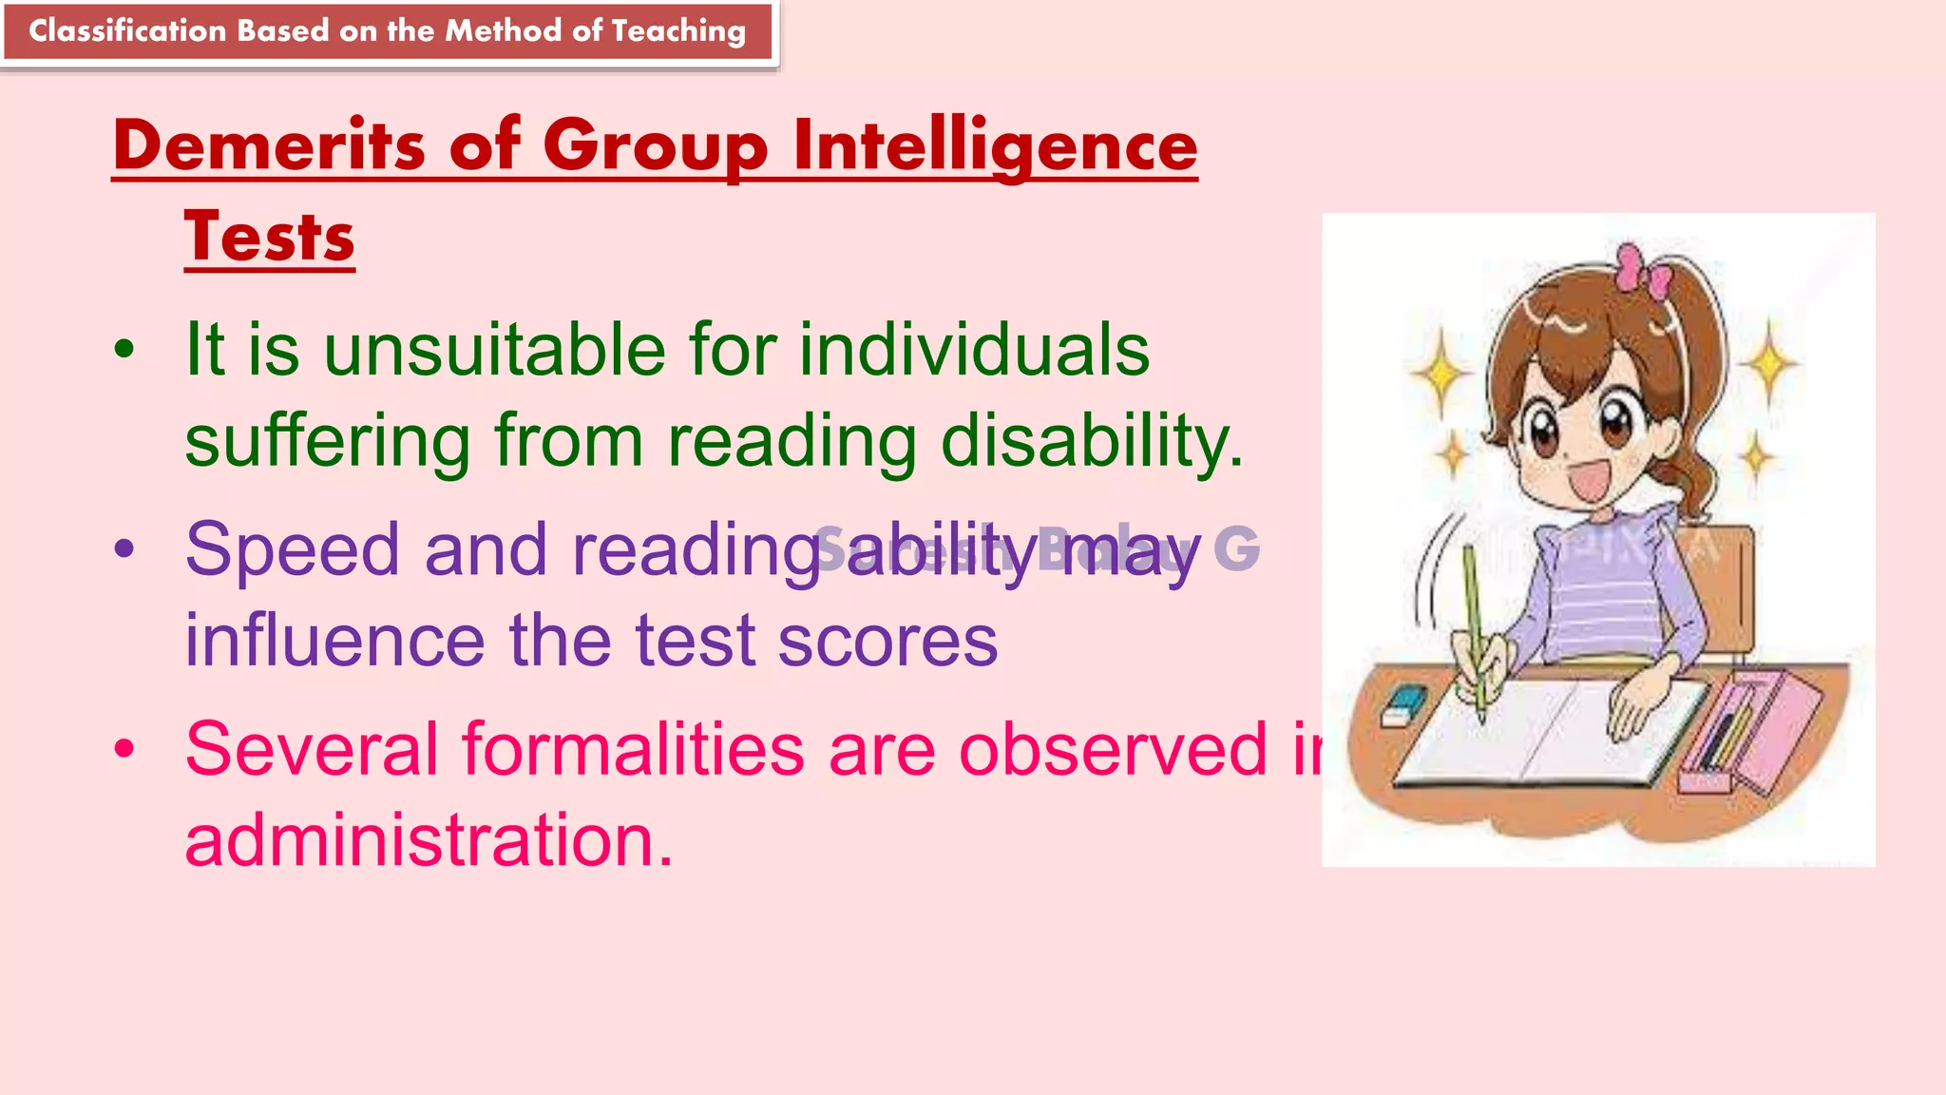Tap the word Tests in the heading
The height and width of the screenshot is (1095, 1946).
[x=270, y=237]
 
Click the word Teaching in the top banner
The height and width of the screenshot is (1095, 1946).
[x=678, y=31]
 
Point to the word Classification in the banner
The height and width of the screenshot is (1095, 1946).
[x=127, y=31]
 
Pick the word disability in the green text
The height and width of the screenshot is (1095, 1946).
[x=1091, y=442]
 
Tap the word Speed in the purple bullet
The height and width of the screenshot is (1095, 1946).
[x=293, y=550]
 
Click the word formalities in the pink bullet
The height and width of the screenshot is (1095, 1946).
[x=634, y=750]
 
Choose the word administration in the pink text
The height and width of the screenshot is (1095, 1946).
[x=428, y=841]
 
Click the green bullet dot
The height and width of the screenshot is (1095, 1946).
[x=124, y=350]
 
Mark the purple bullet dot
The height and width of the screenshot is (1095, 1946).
[x=124, y=549]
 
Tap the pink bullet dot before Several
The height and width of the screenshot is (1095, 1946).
[x=124, y=749]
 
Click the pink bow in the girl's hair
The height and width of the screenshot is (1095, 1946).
[x=1642, y=269]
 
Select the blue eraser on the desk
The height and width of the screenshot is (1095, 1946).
[x=1404, y=704]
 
